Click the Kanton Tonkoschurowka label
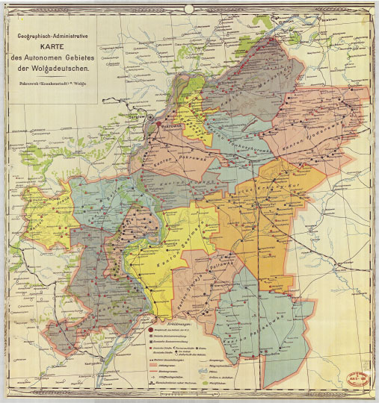click(x=232, y=134)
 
